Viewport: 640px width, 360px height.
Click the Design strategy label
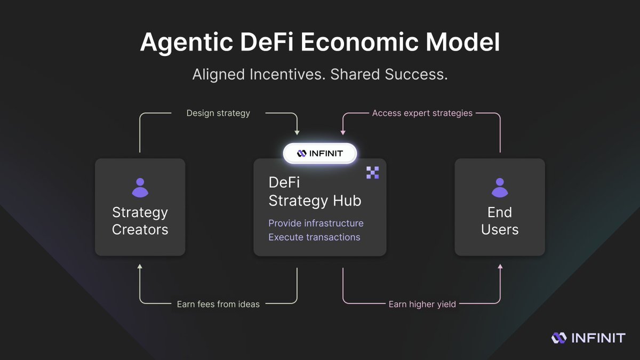click(x=218, y=113)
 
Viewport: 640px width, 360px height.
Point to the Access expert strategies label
click(x=422, y=113)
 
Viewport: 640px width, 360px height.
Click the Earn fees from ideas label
click(x=218, y=304)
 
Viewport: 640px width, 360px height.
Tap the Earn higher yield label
click(x=422, y=304)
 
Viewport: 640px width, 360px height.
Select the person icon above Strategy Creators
click(x=140, y=188)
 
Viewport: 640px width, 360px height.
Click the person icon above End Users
click(x=500, y=188)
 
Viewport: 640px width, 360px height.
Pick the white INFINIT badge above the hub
click(x=319, y=154)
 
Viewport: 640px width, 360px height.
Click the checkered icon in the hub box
click(x=372, y=172)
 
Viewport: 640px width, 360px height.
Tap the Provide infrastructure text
click(x=316, y=223)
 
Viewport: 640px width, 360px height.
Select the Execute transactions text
click(x=314, y=237)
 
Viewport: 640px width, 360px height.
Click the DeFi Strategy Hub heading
click(x=315, y=191)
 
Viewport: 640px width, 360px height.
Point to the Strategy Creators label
click(x=140, y=221)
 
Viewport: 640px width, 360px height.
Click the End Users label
click(x=500, y=221)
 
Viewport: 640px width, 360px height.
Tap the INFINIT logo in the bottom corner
click(x=588, y=338)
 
